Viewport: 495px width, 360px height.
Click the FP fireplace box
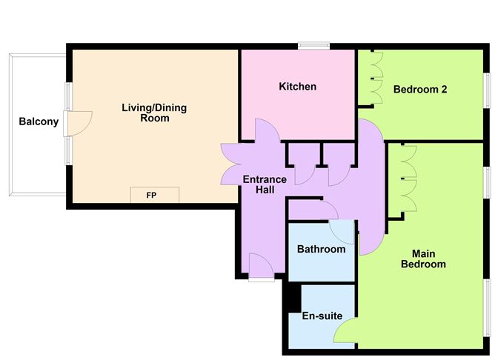[x=154, y=195]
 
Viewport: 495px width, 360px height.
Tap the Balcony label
[x=39, y=121]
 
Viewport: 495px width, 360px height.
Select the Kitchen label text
[x=297, y=87]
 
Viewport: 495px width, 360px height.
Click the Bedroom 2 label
[x=420, y=90]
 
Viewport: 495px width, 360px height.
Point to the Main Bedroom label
[x=423, y=259]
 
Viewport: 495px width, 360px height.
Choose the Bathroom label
[x=321, y=249]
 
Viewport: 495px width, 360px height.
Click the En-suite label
[x=322, y=316]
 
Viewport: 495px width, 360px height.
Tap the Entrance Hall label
[x=265, y=184]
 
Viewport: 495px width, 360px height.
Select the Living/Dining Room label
[x=154, y=113]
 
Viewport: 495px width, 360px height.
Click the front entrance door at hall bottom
[x=260, y=266]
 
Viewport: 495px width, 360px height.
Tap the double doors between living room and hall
[x=233, y=164]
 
